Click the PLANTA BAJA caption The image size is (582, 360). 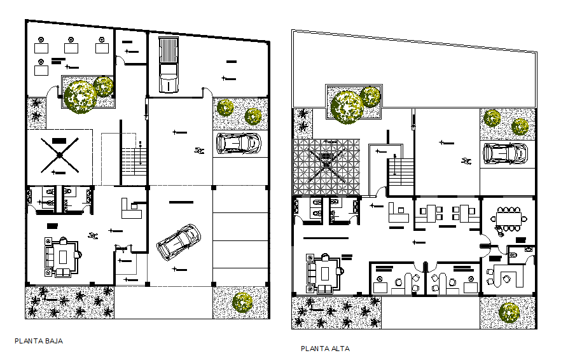click(x=38, y=341)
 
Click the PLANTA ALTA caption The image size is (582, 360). click(x=325, y=349)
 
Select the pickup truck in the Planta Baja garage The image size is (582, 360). click(x=168, y=65)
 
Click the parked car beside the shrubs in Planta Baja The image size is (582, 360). click(x=239, y=143)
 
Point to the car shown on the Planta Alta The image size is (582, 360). click(x=506, y=153)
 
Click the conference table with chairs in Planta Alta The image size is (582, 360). click(x=509, y=217)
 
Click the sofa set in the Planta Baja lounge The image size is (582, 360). click(x=61, y=257)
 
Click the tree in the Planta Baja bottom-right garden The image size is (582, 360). click(x=242, y=302)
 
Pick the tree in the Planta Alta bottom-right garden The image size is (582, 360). click(x=509, y=312)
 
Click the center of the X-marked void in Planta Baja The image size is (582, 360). click(x=59, y=155)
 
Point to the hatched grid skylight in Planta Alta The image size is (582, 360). click(x=326, y=167)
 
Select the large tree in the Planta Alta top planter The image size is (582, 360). click(x=346, y=106)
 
